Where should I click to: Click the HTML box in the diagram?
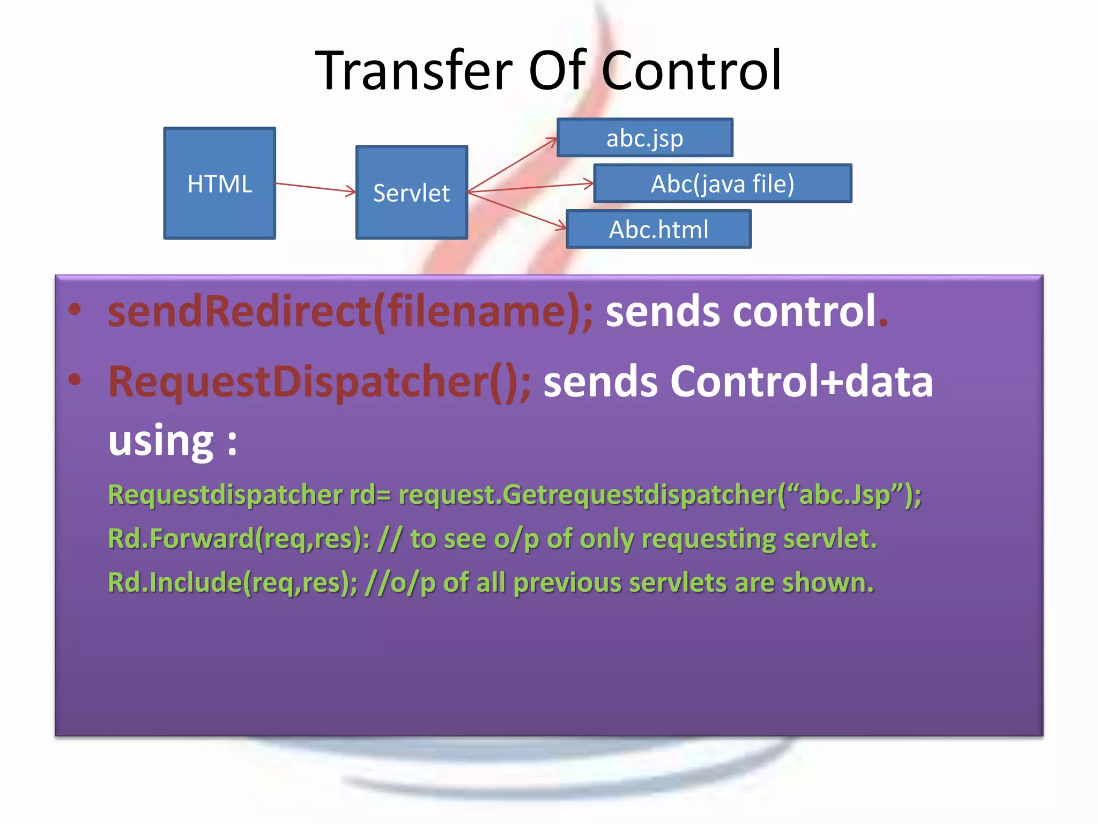219,183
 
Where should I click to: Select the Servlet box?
411,192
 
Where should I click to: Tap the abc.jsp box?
644,138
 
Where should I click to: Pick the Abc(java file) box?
722,183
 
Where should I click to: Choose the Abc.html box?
658,229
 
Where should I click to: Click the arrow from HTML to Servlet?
315,187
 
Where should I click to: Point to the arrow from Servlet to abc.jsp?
512,164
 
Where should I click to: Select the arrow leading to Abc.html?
517,210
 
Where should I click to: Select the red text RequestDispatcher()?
320,381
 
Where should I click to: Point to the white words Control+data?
801,381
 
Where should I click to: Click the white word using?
161,441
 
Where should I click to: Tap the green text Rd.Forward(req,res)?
239,539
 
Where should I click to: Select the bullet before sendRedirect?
75,310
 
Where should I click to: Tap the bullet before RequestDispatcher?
75,379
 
